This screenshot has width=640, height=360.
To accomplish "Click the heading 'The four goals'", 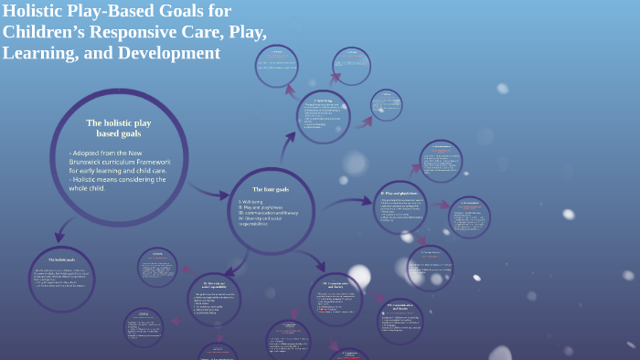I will pos(271,189).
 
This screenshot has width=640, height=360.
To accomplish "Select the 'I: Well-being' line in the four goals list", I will pos(254,200).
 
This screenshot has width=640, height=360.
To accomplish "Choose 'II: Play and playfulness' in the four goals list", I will pos(263,207).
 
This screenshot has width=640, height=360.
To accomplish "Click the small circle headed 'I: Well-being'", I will pos(323,116).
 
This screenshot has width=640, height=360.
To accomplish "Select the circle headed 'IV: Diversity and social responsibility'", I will pos(214,298).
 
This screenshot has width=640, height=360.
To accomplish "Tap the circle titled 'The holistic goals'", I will pos(62,280).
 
